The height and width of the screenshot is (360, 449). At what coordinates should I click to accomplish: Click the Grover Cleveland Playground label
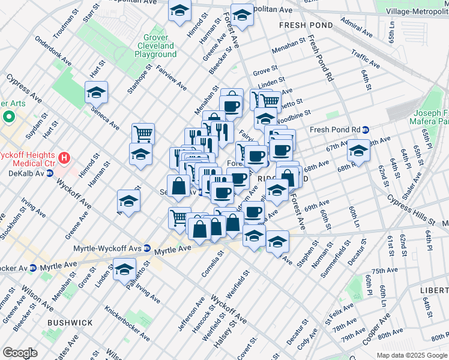point(155,45)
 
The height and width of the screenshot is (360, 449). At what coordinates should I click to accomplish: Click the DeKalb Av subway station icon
point(51,173)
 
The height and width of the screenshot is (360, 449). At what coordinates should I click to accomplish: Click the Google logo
point(20,353)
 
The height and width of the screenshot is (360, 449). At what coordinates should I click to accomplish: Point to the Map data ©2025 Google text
point(411,355)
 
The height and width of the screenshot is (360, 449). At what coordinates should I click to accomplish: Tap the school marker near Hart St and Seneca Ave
point(96,93)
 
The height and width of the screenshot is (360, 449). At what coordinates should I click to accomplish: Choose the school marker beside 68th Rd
point(358,151)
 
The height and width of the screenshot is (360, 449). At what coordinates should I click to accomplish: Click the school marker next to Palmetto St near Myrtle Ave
point(124,270)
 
